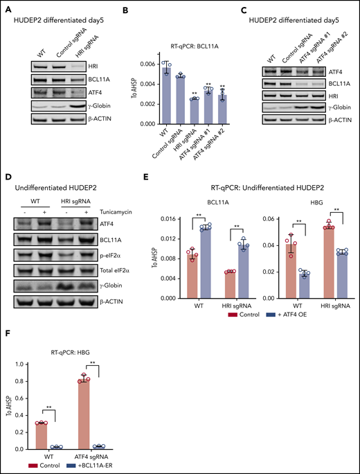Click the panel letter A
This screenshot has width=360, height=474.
tap(8, 8)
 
